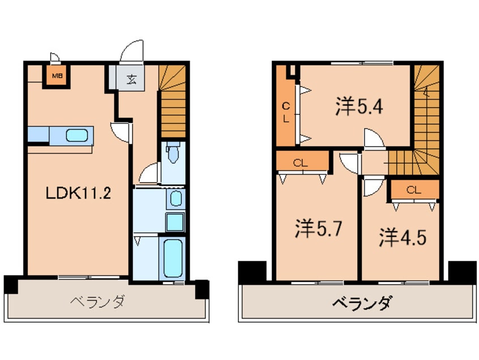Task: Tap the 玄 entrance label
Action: [x=131, y=79]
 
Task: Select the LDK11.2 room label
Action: [x=78, y=193]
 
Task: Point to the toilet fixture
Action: [x=173, y=152]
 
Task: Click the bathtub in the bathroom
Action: [x=173, y=258]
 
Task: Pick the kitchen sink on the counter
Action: [x=76, y=135]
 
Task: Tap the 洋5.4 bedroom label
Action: [x=359, y=106]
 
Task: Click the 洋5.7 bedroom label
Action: [x=318, y=229]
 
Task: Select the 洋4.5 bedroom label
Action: [x=403, y=237]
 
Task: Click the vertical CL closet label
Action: [x=285, y=113]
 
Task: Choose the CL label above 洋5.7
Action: [x=301, y=163]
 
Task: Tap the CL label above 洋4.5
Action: [x=414, y=190]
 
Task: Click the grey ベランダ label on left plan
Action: [x=97, y=302]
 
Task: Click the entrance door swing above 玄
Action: [x=132, y=51]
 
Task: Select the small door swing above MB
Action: [x=55, y=58]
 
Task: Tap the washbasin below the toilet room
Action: [x=176, y=199]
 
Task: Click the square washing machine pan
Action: [x=175, y=222]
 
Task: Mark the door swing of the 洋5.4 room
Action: [x=374, y=139]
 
